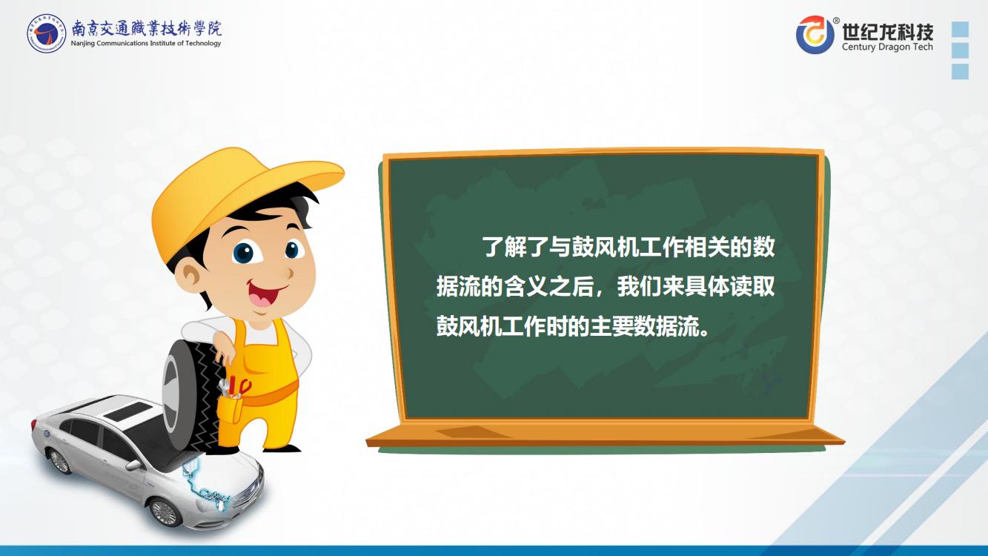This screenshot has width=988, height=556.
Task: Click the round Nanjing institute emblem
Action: point(46,33)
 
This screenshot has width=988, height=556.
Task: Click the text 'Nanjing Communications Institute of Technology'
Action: point(146,43)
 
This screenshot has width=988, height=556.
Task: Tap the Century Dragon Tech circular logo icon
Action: point(815,34)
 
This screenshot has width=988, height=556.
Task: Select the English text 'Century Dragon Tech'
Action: point(887,47)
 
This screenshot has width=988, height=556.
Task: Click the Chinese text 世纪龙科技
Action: point(887,31)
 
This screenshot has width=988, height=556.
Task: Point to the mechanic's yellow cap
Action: point(238,199)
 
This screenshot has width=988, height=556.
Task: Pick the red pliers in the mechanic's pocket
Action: point(239,386)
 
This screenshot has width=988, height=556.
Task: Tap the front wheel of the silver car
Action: point(165,512)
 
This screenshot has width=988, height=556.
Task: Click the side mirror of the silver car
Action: point(133,465)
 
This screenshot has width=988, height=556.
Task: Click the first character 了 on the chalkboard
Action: point(493,247)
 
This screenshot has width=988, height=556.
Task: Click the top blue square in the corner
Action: point(960,30)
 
